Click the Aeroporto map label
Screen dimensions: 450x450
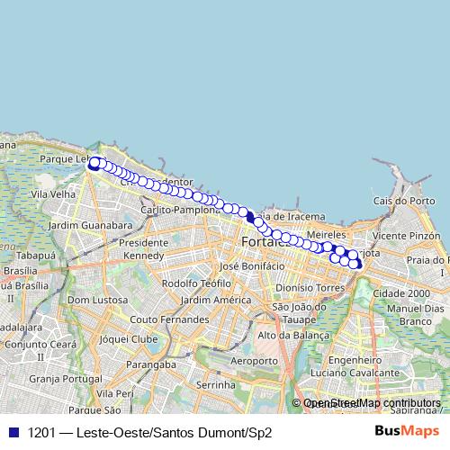[254, 360]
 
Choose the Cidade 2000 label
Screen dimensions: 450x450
[400, 293]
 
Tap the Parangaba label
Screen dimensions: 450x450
[149, 364]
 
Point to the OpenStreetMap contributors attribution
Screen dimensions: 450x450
[372, 403]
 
